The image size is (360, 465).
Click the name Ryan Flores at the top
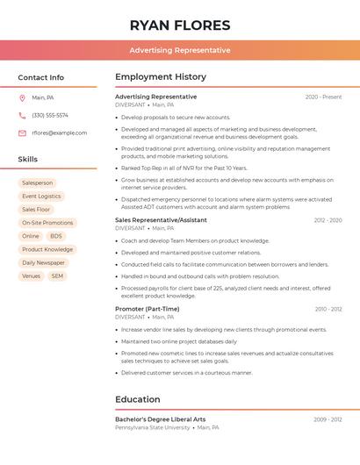click(179, 25)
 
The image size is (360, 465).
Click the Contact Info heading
click(41, 77)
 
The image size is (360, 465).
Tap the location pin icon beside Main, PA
click(22, 97)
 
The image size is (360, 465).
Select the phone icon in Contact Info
click(22, 115)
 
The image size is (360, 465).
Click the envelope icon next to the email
click(22, 133)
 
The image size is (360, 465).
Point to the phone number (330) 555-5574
click(50, 115)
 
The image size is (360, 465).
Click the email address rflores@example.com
click(60, 133)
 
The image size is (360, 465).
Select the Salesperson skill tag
click(38, 183)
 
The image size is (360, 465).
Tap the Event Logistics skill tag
click(41, 197)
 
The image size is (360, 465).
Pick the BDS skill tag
click(56, 236)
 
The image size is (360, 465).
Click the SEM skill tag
click(57, 275)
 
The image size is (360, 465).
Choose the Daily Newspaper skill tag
click(43, 262)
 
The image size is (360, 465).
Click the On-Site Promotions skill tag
click(47, 223)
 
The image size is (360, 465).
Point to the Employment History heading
click(161, 77)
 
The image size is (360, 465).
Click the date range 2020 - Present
click(323, 97)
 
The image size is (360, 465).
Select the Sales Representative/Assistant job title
click(161, 220)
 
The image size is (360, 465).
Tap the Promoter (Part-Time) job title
click(147, 309)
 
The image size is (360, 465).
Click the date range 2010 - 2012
click(328, 309)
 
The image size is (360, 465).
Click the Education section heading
click(137, 399)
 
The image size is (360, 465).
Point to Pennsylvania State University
click(152, 427)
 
